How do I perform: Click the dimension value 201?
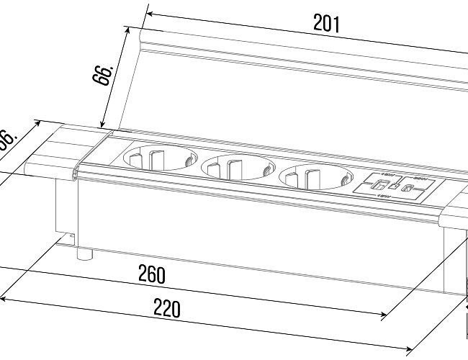(325, 24)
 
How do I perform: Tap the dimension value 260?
(152, 274)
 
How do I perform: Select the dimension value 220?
(166, 309)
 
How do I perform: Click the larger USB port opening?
(377, 186)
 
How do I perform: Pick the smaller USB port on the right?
(408, 190)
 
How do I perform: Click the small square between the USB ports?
(393, 188)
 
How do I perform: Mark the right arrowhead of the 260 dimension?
(384, 315)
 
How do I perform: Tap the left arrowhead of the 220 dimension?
(4, 297)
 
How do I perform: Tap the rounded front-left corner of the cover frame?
(75, 173)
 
